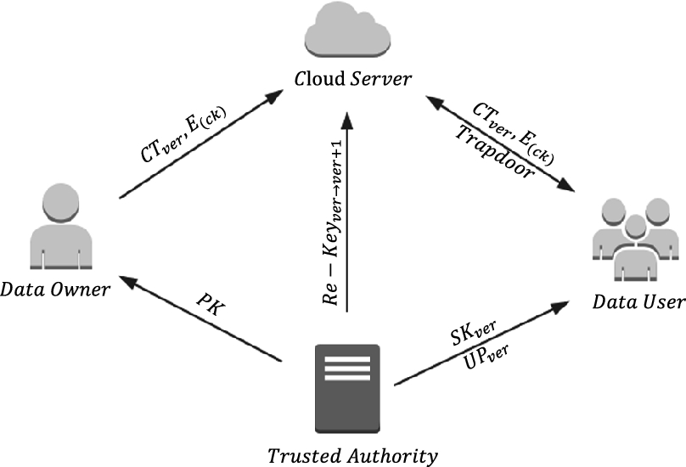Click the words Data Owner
pos(55,290)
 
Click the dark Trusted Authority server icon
pos(346,387)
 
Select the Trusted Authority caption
pos(352,456)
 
